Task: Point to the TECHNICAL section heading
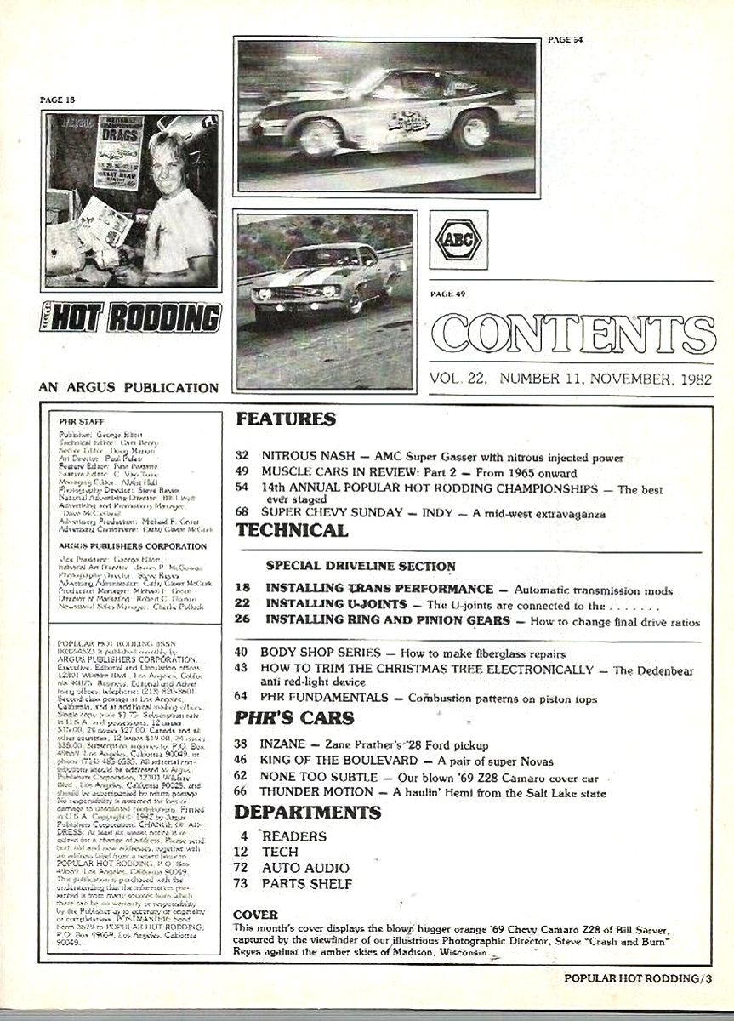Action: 292,529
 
